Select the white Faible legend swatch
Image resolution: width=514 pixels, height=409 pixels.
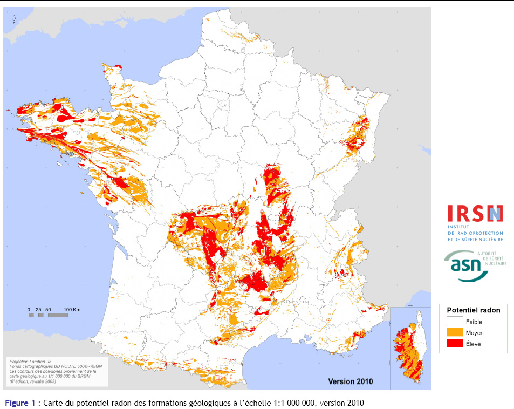click(455, 322)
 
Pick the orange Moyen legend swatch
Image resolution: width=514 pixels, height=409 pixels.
click(455, 332)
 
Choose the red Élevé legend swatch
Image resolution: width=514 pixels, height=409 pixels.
click(455, 343)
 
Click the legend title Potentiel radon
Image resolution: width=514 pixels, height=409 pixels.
click(473, 310)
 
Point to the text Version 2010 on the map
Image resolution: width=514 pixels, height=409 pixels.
click(350, 381)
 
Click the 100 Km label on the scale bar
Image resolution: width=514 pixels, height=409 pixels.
click(72, 309)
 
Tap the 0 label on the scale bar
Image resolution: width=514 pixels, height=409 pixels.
click(29, 309)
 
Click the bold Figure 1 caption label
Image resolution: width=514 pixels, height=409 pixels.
click(20, 403)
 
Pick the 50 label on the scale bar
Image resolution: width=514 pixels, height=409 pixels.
click(49, 309)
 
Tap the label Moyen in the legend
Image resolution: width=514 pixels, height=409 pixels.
click(475, 333)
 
